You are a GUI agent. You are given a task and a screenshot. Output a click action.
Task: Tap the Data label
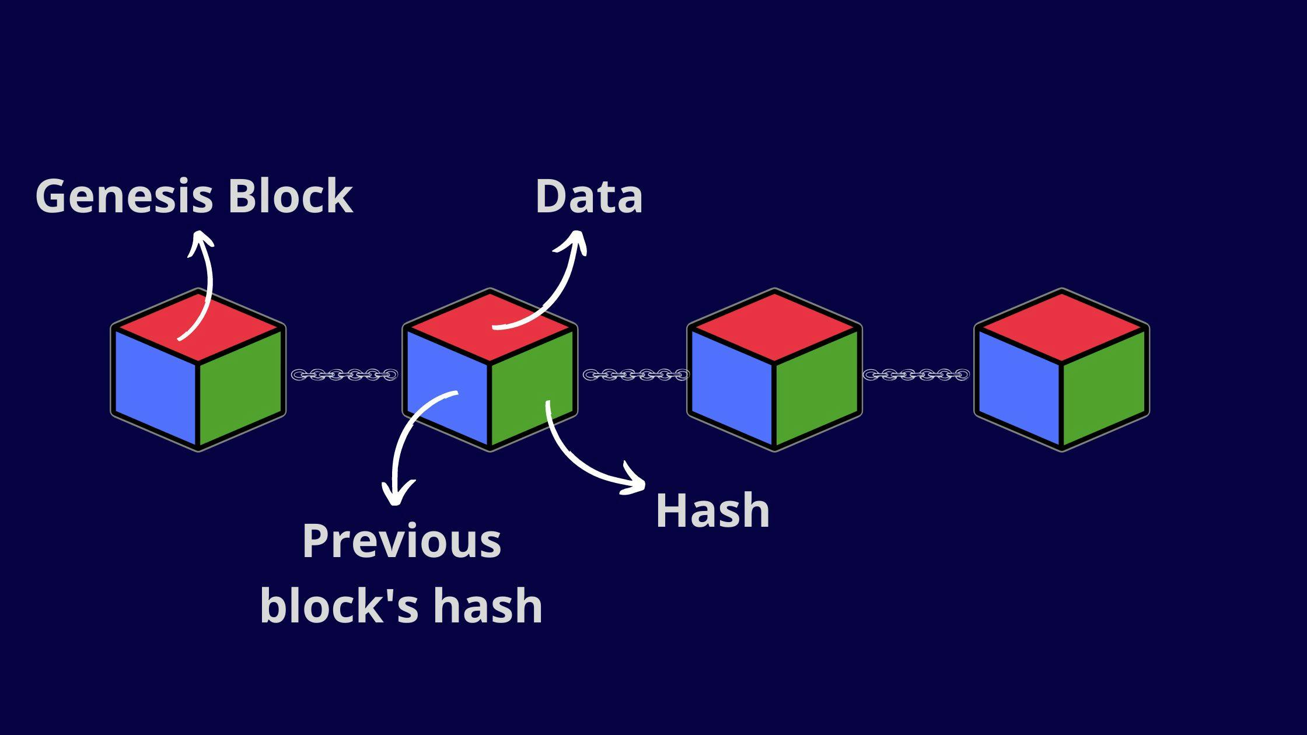click(589, 197)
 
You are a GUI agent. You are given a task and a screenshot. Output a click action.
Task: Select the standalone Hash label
click(712, 510)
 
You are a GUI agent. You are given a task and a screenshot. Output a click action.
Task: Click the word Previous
click(401, 542)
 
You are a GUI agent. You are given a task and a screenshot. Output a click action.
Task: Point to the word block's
click(339, 606)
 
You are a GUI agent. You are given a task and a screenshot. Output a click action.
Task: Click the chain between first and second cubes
click(344, 374)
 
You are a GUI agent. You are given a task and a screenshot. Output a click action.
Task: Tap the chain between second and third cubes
click(636, 374)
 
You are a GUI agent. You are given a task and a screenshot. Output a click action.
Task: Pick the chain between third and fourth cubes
click(916, 374)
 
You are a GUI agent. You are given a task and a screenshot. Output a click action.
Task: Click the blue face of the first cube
click(155, 385)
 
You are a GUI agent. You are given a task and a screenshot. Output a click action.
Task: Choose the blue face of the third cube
click(731, 385)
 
